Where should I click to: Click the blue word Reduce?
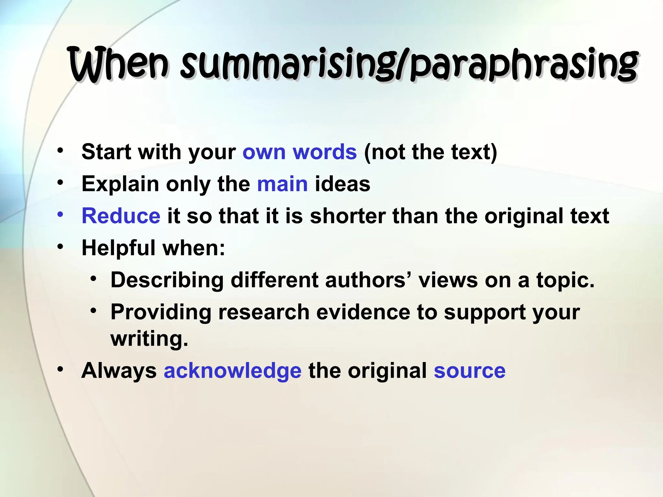click(x=121, y=216)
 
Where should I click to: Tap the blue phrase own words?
click(x=299, y=152)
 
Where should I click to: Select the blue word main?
click(x=282, y=184)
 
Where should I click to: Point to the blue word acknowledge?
click(x=232, y=370)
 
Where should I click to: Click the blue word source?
click(x=469, y=370)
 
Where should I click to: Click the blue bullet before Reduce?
click(x=60, y=214)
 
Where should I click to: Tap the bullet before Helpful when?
click(x=60, y=246)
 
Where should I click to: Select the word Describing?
click(x=167, y=280)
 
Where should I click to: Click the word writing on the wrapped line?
click(x=149, y=339)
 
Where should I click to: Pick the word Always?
click(x=119, y=370)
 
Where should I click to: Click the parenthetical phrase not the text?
click(x=431, y=152)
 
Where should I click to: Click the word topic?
click(x=565, y=280)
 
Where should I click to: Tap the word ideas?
click(x=343, y=184)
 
